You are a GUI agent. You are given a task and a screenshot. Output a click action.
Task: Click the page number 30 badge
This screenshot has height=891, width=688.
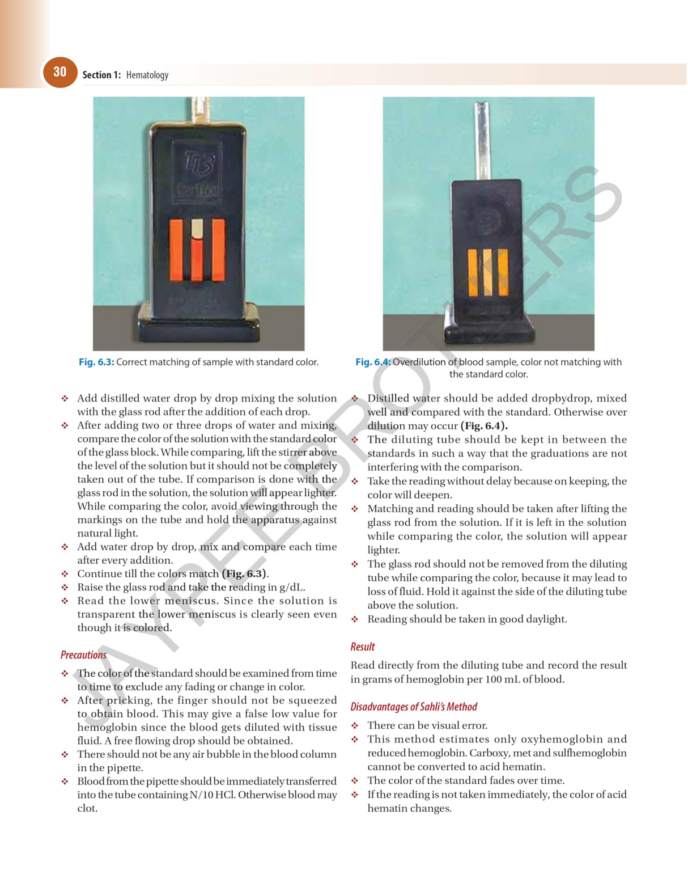pyautogui.click(x=60, y=72)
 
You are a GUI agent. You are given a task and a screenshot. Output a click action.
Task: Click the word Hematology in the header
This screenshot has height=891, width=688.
pyautogui.click(x=147, y=75)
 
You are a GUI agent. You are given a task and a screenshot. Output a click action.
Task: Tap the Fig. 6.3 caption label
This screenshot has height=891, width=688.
pyautogui.click(x=96, y=362)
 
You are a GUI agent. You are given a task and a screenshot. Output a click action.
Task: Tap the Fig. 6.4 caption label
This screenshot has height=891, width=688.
pyautogui.click(x=373, y=362)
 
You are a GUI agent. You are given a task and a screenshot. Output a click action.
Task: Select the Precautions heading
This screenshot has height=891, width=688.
pyautogui.click(x=83, y=654)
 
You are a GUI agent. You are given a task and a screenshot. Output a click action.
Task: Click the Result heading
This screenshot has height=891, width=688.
pyautogui.click(x=363, y=647)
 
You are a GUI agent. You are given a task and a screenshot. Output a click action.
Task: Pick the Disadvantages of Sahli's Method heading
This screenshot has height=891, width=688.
pyautogui.click(x=414, y=707)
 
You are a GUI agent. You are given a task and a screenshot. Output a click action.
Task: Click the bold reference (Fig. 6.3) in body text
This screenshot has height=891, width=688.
pyautogui.click(x=244, y=573)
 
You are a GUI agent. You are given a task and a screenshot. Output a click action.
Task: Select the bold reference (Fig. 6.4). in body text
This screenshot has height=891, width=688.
pyautogui.click(x=484, y=426)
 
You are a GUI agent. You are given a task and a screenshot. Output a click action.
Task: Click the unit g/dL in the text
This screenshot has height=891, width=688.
pyautogui.click(x=292, y=587)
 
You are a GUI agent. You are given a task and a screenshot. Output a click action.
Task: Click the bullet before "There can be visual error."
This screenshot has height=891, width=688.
pyautogui.click(x=355, y=725)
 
